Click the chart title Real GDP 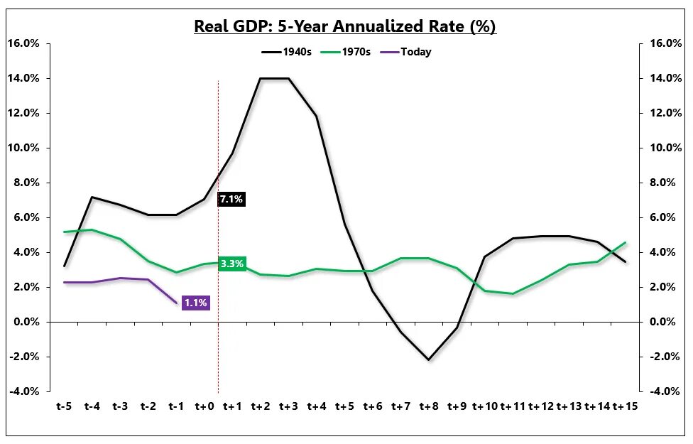(x=345, y=27)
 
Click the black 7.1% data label (x=231, y=200)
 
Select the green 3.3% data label (x=232, y=264)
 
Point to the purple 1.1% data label (x=196, y=303)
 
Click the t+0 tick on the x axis (x=204, y=406)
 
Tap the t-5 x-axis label (x=65, y=406)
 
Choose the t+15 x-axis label (x=624, y=406)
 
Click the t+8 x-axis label (x=428, y=406)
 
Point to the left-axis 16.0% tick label (x=23, y=43)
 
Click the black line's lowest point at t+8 (x=428, y=360)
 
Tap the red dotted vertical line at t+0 (x=218, y=320)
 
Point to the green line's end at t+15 (x=625, y=243)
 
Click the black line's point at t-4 (x=92, y=197)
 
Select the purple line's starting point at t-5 (x=65, y=282)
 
